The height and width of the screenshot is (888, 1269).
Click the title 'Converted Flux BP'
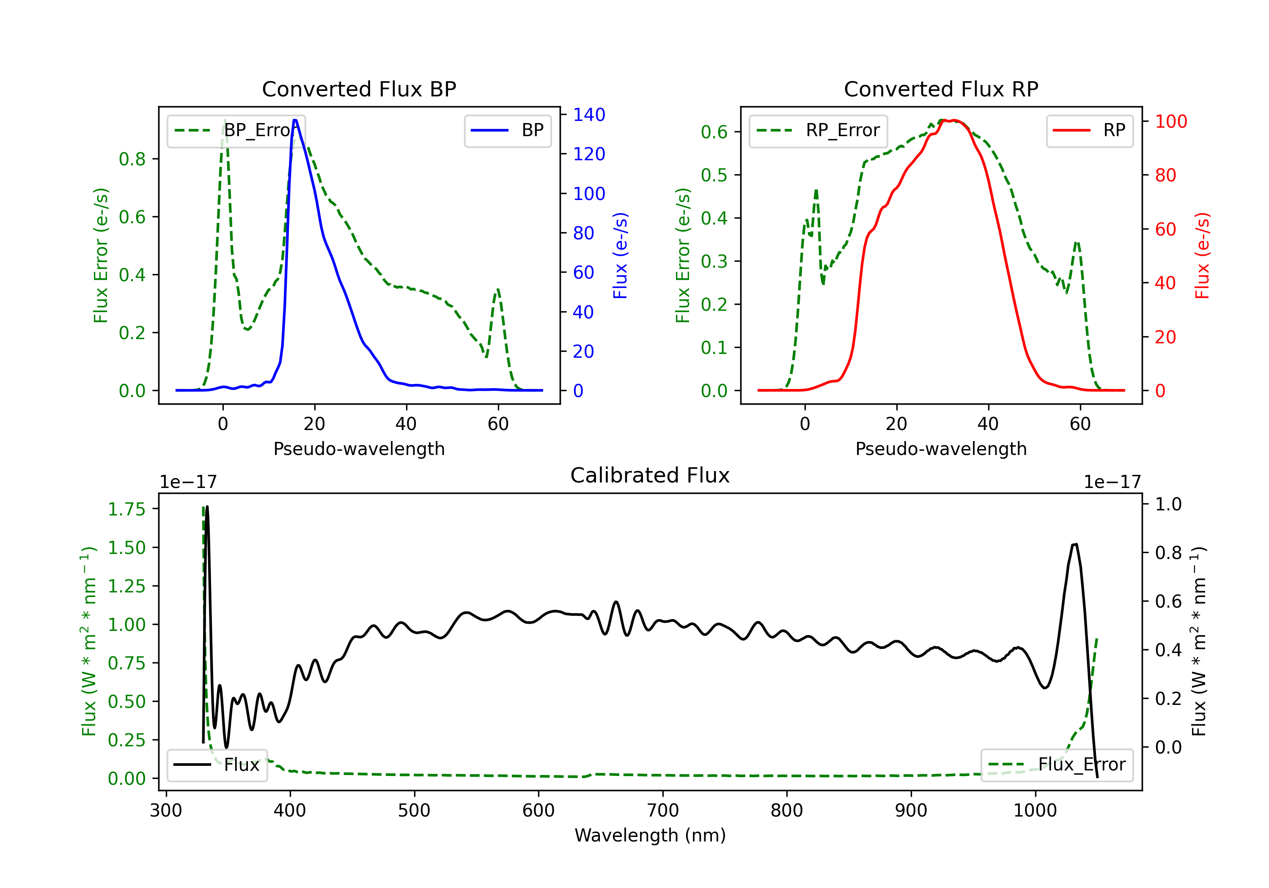point(359,89)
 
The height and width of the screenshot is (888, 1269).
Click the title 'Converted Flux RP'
point(941,89)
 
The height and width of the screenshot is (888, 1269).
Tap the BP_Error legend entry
point(236,130)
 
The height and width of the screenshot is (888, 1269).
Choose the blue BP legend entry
point(507,130)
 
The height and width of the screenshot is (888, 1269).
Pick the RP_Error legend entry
point(818,130)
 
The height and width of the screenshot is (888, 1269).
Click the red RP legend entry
point(1089,130)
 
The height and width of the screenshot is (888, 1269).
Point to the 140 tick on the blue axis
point(589,115)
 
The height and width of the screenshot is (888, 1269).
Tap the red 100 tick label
point(1170,121)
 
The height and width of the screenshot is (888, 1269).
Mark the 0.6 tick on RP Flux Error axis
point(714,132)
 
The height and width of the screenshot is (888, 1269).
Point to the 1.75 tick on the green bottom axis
point(126,509)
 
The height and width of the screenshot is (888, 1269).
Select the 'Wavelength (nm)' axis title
point(650,835)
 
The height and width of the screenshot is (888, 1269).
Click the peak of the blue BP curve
point(295,120)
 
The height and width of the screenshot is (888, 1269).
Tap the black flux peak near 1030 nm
point(1074,545)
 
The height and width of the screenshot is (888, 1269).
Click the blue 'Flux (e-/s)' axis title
point(620,256)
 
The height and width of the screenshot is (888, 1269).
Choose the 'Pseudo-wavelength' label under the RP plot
point(941,449)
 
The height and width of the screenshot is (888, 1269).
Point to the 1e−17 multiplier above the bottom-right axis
point(1112,482)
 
